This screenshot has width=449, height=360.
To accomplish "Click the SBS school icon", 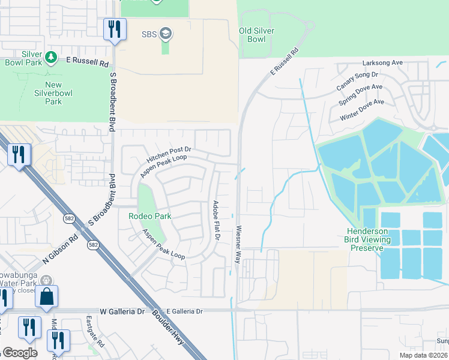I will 166,34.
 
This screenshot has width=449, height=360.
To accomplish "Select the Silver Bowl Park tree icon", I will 52,57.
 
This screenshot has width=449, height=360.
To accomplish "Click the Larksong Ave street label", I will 382,62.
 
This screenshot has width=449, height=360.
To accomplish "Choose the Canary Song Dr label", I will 357,81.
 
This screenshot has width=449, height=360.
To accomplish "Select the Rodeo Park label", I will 149,216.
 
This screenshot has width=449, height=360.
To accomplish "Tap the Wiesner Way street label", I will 238,244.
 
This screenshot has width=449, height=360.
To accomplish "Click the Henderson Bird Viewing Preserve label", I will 370,239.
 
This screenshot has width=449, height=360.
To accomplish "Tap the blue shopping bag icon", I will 46,296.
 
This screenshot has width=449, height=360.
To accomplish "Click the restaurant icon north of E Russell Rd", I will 113,28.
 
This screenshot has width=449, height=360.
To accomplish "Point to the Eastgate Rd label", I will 95,331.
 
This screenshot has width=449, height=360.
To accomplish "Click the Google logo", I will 20,353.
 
